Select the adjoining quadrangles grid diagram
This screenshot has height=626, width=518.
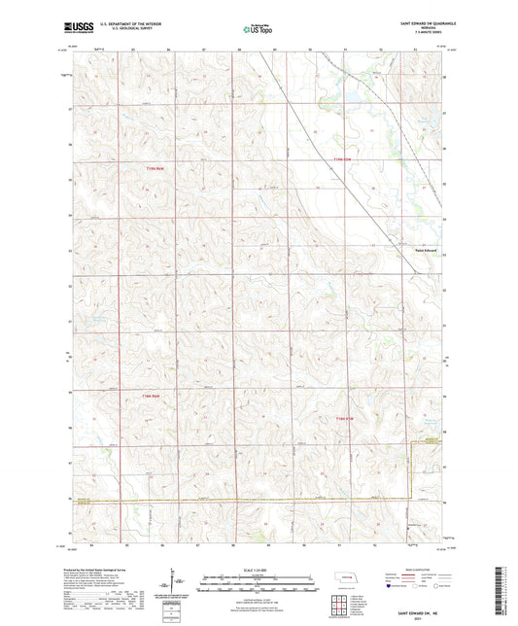(x=339, y=607)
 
